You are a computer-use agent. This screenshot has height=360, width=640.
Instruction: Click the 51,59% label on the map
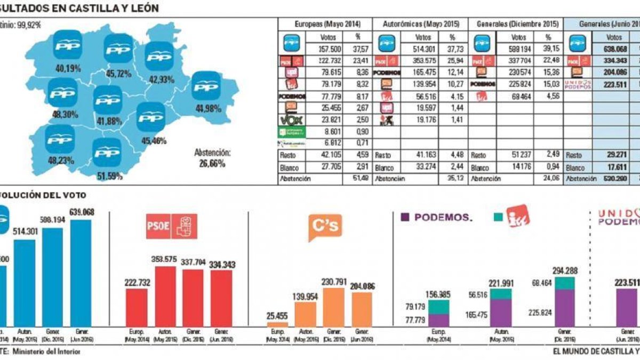(107, 175)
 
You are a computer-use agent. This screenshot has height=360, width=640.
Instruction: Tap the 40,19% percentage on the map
(68, 68)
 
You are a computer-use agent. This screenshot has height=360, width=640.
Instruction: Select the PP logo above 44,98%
(206, 85)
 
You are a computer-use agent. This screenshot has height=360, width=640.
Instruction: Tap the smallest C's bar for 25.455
(277, 324)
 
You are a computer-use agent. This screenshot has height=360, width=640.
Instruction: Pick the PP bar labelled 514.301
(25, 283)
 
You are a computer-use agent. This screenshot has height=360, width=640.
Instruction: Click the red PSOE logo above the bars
(171, 226)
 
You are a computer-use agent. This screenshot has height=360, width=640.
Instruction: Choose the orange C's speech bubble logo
(325, 227)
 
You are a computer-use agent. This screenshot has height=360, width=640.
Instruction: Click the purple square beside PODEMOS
(405, 217)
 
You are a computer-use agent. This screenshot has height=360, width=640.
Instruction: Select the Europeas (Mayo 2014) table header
(328, 24)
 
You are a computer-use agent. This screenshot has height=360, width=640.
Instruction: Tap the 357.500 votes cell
(330, 49)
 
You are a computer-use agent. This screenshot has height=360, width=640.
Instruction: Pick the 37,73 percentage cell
(452, 49)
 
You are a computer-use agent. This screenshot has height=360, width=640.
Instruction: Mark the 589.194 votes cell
(519, 49)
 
